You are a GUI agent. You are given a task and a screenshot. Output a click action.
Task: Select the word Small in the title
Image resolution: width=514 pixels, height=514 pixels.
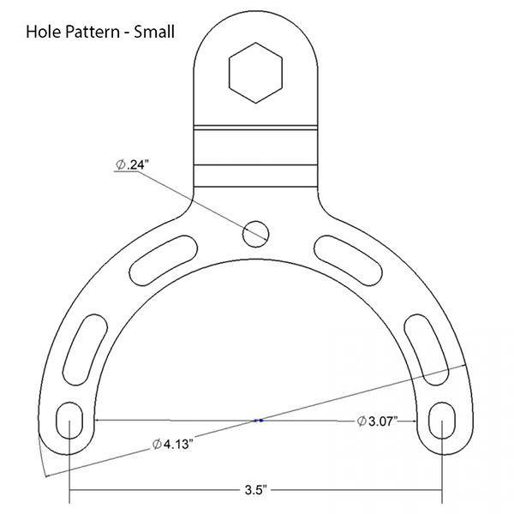pyautogui.click(x=155, y=33)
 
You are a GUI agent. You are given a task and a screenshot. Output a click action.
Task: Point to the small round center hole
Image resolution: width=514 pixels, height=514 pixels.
pyautogui.click(x=255, y=230)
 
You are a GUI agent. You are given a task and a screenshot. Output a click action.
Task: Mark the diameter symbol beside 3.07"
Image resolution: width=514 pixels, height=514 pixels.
pyautogui.click(x=361, y=420)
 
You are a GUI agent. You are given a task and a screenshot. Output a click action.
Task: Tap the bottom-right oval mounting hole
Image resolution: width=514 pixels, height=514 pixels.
pyautogui.click(x=443, y=421)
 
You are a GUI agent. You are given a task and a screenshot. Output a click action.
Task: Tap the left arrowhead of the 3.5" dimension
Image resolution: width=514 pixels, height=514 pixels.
pyautogui.click(x=74, y=491)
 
